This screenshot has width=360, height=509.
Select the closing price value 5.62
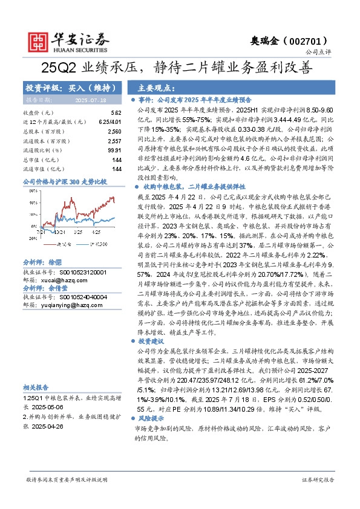coord(116,113)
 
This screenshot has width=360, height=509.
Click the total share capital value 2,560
coord(114,131)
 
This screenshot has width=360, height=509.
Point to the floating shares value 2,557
coord(114,140)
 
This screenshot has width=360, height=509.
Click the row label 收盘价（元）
coord(38,113)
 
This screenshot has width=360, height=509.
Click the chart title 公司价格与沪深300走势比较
coord(64,181)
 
